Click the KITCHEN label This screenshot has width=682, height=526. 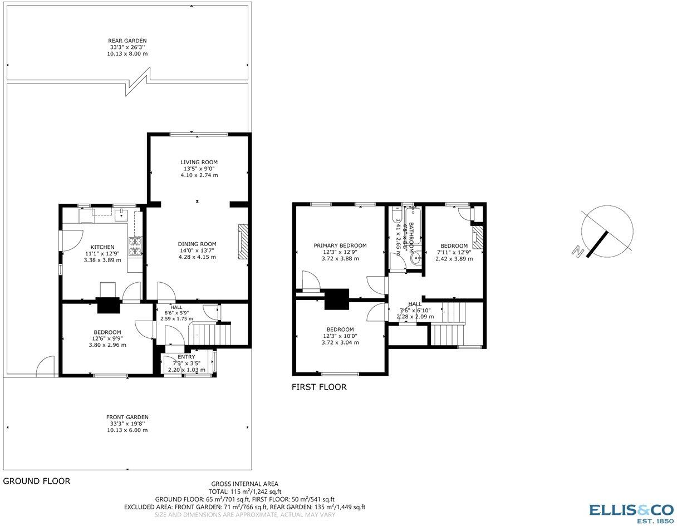(102, 247)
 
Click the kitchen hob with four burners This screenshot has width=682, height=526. (135, 247)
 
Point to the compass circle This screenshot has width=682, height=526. (607, 229)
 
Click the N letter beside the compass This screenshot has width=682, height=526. (576, 251)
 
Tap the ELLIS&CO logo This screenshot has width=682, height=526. (631, 512)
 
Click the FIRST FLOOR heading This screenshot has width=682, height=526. (319, 387)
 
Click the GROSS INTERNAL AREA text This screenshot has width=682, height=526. (244, 484)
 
